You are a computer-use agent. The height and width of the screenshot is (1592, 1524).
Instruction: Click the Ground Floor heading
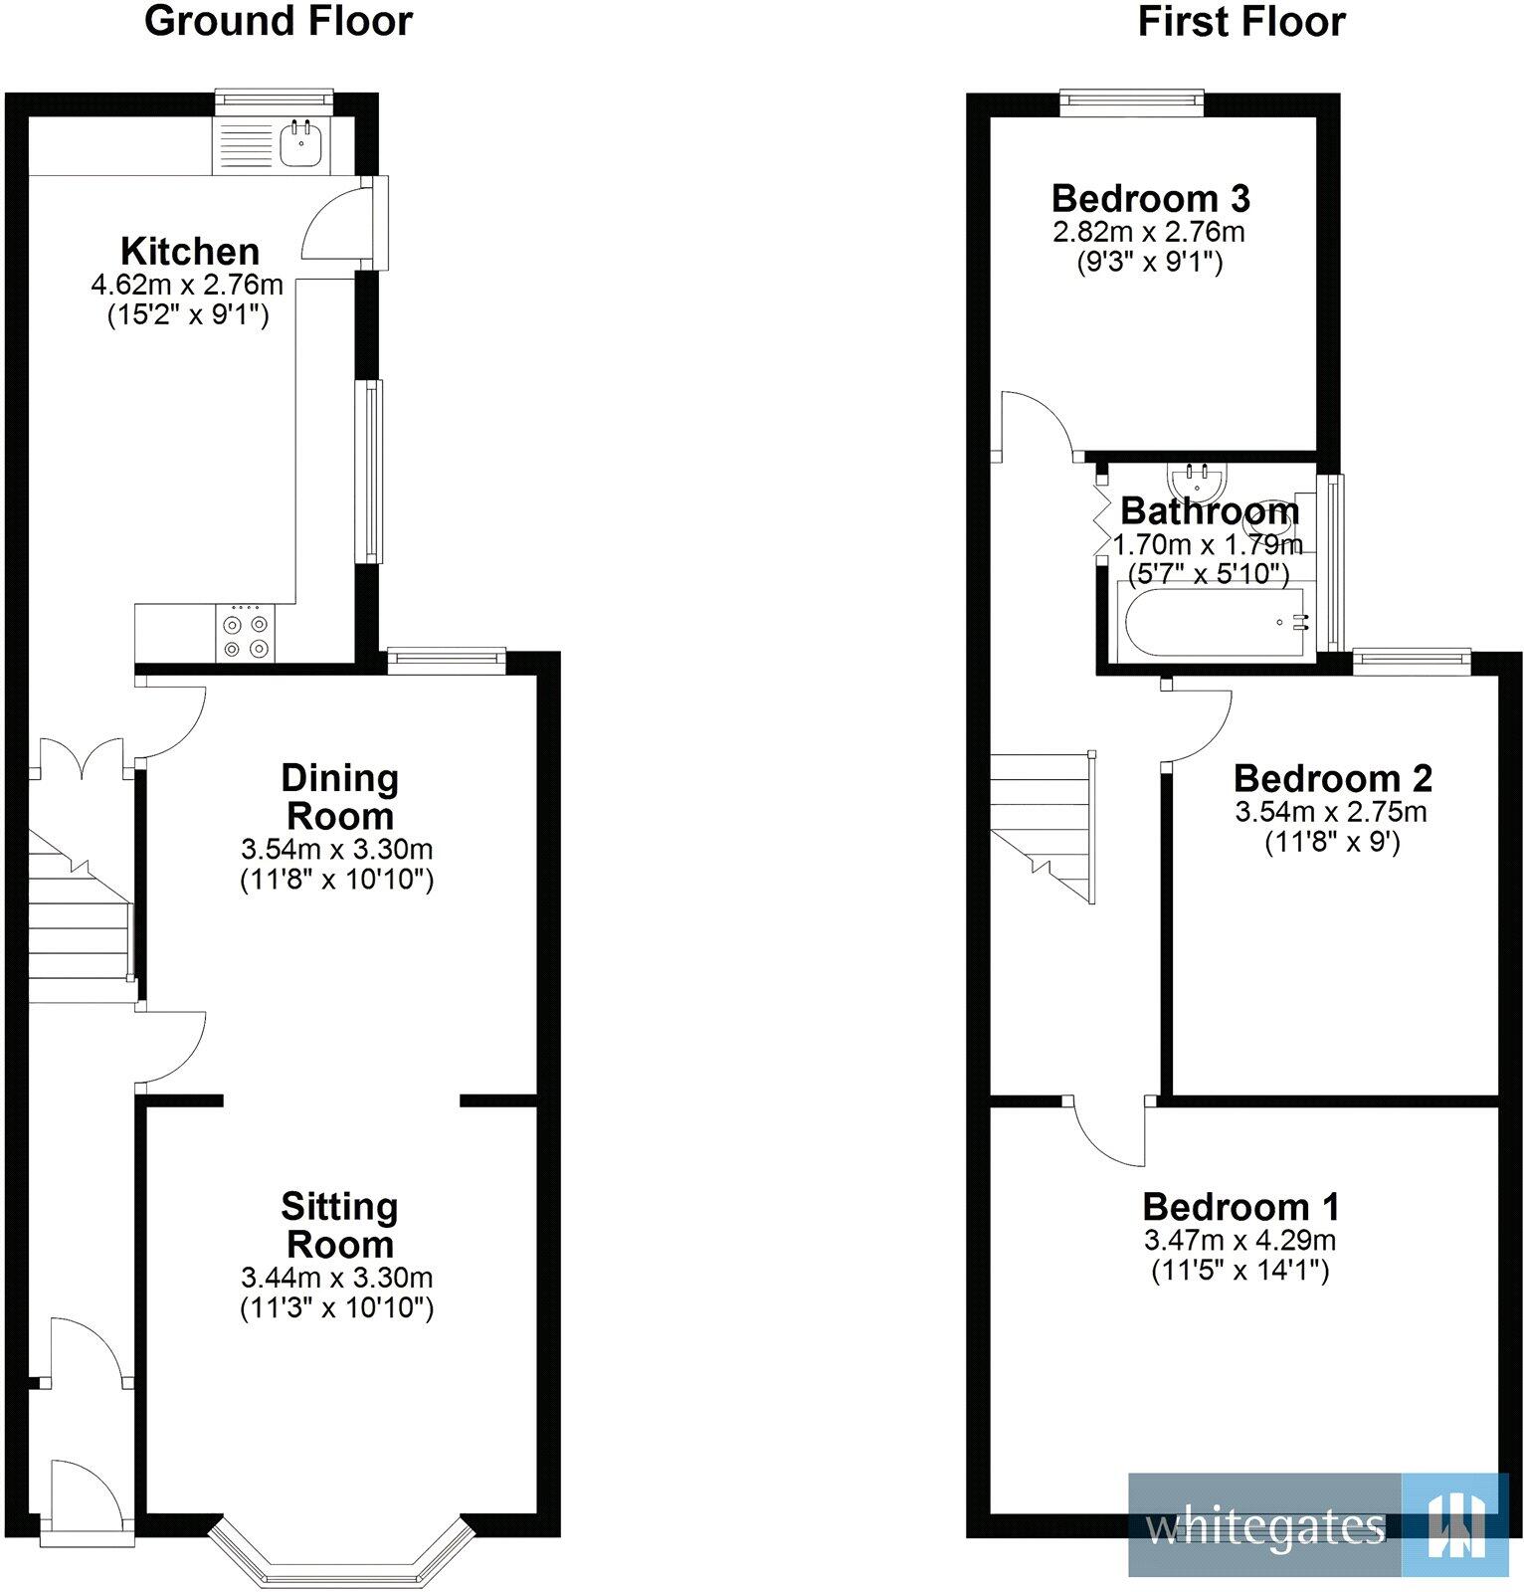coord(278,21)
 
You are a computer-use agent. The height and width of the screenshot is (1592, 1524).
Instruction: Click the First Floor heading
coord(1240,21)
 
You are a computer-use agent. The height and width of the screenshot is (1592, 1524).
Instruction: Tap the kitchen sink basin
coord(299,146)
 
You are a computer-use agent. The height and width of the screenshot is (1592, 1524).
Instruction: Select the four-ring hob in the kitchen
coord(246,636)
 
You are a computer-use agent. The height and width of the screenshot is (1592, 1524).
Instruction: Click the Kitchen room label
coord(190,251)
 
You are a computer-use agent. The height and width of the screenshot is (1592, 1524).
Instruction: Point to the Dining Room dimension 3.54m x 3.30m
coord(336,850)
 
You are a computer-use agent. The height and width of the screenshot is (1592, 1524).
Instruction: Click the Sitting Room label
coord(339,1225)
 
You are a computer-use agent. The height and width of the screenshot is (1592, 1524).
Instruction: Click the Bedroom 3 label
coord(1150,199)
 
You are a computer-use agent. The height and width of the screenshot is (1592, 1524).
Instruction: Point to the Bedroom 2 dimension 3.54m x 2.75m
coord(1331,812)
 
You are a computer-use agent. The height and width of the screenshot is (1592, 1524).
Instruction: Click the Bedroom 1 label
coord(1240,1207)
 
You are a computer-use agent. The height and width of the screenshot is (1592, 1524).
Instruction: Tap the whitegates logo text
coord(1264,1526)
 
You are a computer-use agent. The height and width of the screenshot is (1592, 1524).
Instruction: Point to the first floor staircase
coord(1042,826)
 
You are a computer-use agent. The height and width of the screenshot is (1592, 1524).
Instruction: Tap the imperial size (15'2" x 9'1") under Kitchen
coord(188,316)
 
